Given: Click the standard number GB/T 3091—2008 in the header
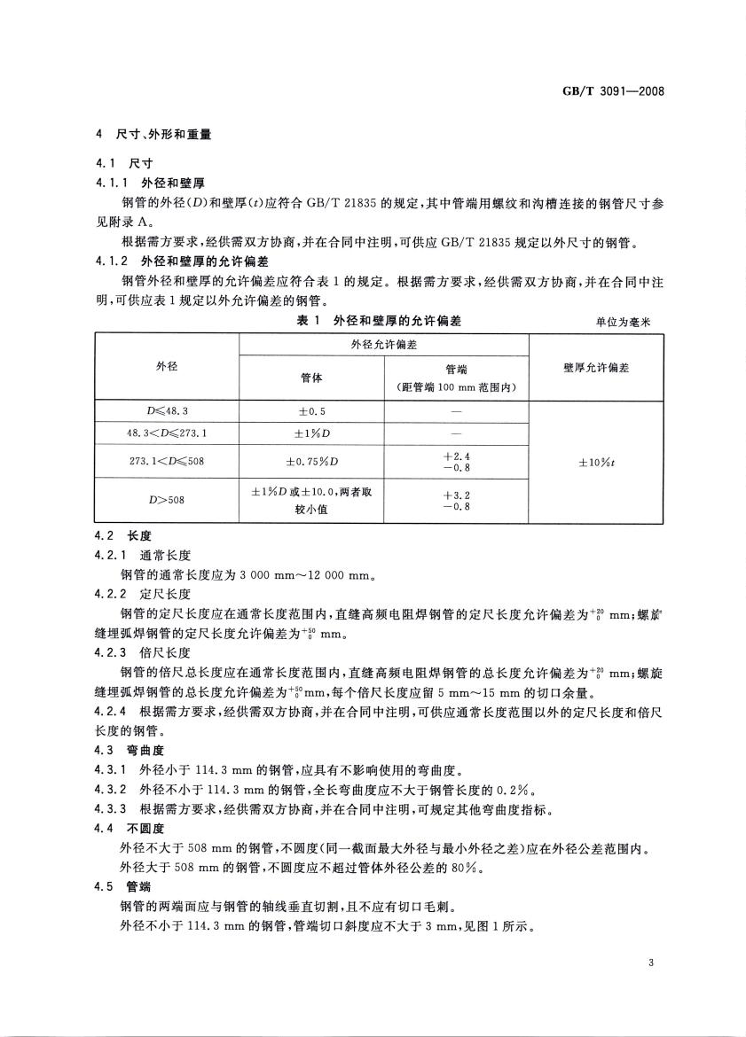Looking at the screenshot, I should tap(614, 90).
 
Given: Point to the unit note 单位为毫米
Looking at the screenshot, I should tap(624, 323).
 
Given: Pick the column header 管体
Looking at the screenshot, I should tap(311, 378).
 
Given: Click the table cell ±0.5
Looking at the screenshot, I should tap(311, 411).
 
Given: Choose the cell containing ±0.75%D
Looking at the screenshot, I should tap(311, 461).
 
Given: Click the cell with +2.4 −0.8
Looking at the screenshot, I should tap(456, 461).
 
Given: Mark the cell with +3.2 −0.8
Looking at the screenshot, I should tap(456, 500).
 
